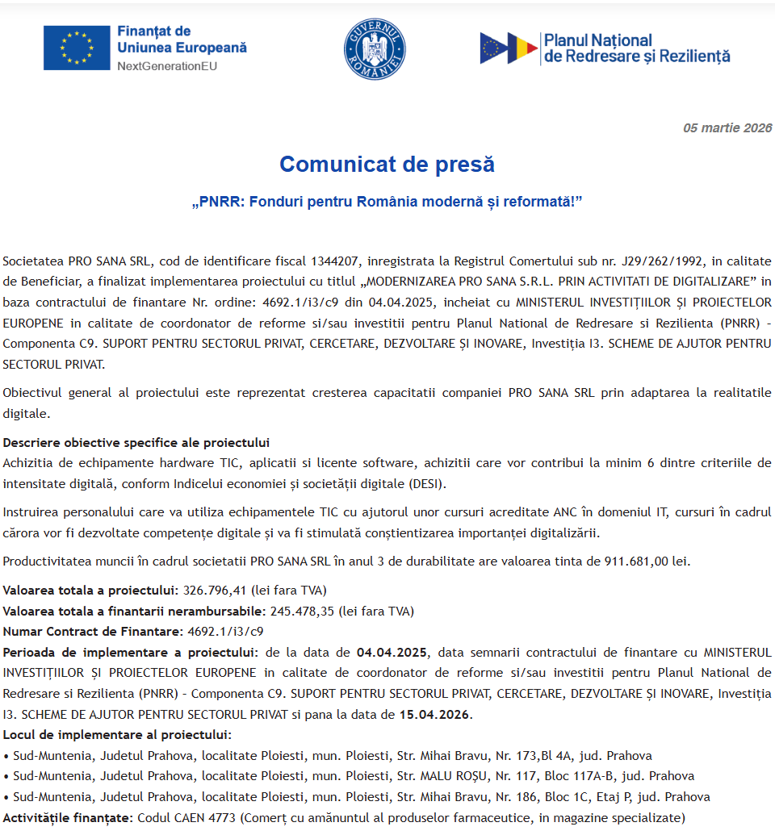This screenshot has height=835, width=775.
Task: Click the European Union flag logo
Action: pyautogui.click(x=77, y=48)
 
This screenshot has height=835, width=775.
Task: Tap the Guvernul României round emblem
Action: pyautogui.click(x=375, y=48)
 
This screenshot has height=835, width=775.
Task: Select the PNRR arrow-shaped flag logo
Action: pyautogui.click(x=509, y=48)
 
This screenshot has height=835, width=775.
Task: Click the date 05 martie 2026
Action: pyautogui.click(x=727, y=127)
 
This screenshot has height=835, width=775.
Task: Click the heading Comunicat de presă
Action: pyautogui.click(x=387, y=165)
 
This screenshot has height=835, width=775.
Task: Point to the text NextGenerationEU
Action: pyautogui.click(x=167, y=65)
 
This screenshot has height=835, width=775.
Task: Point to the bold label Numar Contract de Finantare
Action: pyautogui.click(x=91, y=632)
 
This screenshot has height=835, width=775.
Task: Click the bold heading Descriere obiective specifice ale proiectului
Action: pyautogui.click(x=136, y=443)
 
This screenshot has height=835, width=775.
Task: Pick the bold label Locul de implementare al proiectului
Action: pyautogui.click(x=117, y=735)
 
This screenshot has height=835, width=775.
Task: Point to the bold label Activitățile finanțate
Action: pyautogui.click(x=66, y=818)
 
